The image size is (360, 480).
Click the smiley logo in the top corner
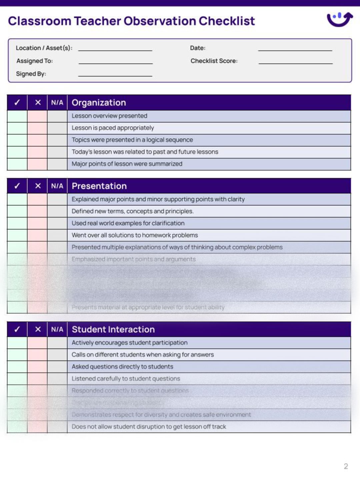click(x=339, y=19)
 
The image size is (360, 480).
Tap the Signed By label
click(x=31, y=74)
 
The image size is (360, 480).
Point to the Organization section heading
click(x=99, y=103)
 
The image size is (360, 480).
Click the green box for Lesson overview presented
click(x=17, y=116)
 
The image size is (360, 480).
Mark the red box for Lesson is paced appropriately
click(x=37, y=128)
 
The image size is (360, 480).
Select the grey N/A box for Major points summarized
click(x=57, y=164)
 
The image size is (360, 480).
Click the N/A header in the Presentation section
click(x=57, y=186)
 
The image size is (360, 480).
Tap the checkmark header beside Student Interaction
click(x=17, y=329)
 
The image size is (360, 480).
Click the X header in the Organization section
click(x=38, y=103)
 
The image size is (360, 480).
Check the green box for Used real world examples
click(x=17, y=223)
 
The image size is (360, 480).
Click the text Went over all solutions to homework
click(x=135, y=235)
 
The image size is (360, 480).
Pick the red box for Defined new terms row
click(x=37, y=211)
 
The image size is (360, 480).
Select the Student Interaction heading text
click(x=113, y=329)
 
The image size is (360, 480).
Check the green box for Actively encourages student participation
click(x=17, y=343)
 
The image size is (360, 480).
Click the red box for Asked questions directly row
click(x=37, y=367)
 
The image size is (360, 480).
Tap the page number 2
click(x=346, y=466)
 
